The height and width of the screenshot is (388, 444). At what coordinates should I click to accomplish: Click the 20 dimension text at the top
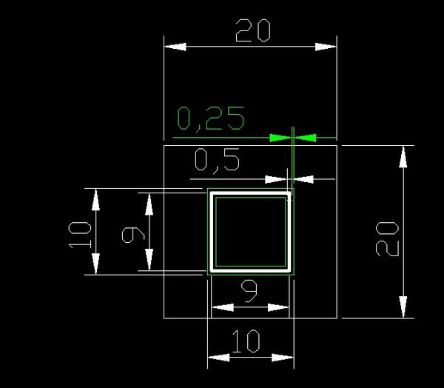click(x=253, y=30)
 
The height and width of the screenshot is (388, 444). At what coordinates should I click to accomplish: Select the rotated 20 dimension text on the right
click(x=387, y=239)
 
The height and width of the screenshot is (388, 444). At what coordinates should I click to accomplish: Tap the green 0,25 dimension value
click(x=211, y=118)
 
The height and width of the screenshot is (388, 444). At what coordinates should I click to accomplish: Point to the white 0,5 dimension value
click(x=217, y=160)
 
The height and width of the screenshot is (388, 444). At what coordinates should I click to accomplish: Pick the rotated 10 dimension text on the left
click(x=80, y=235)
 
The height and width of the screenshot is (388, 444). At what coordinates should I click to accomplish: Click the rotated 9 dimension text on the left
click(x=133, y=235)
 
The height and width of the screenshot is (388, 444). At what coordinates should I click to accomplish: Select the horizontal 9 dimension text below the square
click(x=249, y=291)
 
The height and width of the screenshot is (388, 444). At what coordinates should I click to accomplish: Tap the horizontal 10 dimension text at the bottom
click(x=246, y=341)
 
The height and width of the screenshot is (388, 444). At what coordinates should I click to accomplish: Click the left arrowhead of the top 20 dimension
click(x=175, y=47)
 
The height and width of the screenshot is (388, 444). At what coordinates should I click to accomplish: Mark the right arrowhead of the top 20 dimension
click(x=326, y=47)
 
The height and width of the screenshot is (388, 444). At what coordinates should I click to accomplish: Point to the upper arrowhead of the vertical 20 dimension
click(x=403, y=157)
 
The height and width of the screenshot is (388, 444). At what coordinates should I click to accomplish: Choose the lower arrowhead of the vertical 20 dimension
click(x=403, y=307)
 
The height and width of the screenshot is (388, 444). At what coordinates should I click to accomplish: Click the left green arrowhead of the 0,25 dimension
click(x=280, y=138)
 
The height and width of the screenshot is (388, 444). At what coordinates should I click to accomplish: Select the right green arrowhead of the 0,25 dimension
click(x=305, y=138)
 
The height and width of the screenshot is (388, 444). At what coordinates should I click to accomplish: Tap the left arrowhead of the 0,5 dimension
click(x=276, y=179)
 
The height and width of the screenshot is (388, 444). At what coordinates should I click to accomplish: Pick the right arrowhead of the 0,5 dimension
click(x=303, y=179)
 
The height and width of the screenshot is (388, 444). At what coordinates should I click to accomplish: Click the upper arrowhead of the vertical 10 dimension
click(x=95, y=200)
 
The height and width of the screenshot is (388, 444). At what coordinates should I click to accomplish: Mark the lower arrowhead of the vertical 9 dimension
click(x=149, y=259)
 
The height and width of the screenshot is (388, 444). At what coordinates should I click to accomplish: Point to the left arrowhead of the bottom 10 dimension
click(x=218, y=358)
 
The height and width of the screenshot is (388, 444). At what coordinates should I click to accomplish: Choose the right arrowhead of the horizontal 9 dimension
click(x=278, y=307)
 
